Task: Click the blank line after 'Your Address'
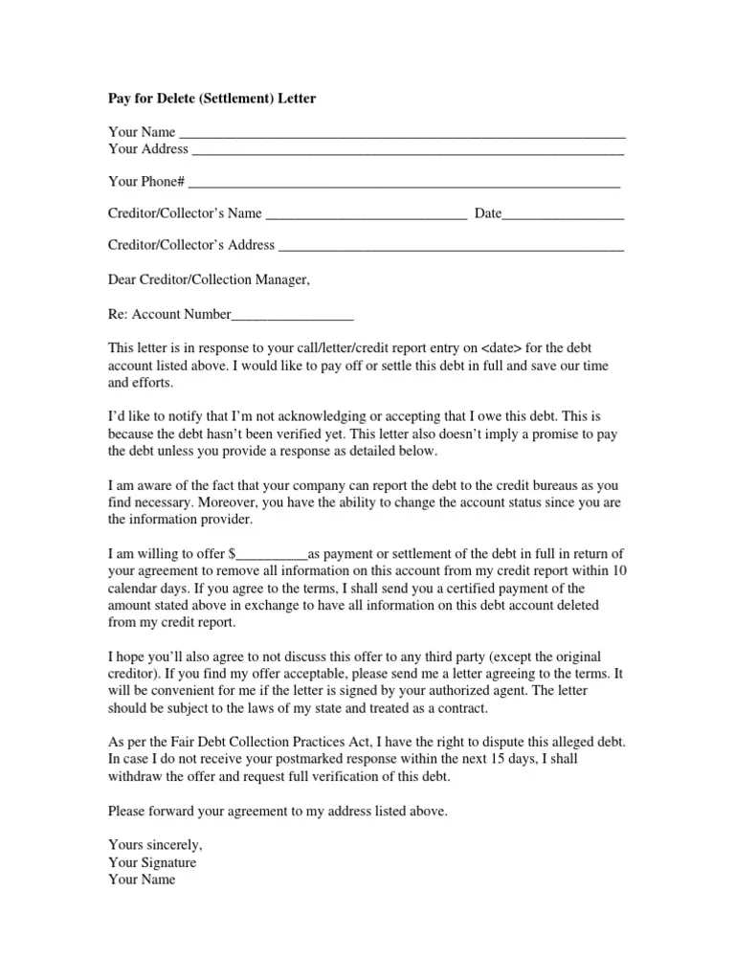(408, 150)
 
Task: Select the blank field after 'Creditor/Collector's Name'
(366, 213)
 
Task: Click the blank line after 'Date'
(564, 213)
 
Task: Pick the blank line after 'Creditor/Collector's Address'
(451, 245)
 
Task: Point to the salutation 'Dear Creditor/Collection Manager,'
(210, 280)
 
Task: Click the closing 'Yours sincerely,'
(155, 846)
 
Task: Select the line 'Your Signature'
(152, 863)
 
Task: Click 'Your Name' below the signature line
(143, 880)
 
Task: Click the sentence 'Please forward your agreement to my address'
(278, 811)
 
